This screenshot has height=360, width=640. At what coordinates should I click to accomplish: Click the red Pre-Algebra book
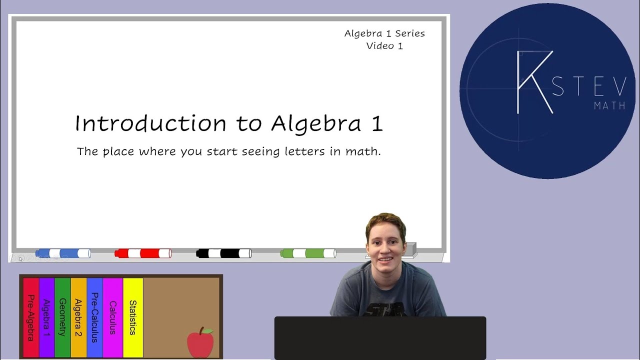click(x=30, y=317)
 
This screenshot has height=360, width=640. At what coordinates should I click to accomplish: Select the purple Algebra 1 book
click(x=46, y=317)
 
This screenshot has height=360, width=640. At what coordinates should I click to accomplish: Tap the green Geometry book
click(x=62, y=317)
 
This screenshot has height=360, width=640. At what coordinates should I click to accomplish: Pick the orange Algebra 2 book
click(x=78, y=317)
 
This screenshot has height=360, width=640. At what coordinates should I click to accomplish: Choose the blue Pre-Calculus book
click(x=94, y=317)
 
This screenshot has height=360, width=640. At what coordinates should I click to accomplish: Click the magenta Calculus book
click(x=112, y=317)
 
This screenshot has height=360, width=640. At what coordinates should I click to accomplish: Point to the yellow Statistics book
click(x=133, y=317)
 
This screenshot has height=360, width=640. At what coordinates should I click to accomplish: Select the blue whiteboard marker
click(x=63, y=253)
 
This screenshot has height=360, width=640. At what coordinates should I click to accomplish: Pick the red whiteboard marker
click(x=143, y=253)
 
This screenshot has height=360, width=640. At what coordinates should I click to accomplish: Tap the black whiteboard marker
click(x=223, y=253)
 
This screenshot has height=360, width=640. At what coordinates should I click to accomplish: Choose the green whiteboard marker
click(x=308, y=253)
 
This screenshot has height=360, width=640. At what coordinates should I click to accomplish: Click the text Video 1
click(x=384, y=46)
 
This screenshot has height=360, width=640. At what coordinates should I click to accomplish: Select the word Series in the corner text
click(x=409, y=33)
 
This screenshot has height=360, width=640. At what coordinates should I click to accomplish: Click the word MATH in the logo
click(x=609, y=106)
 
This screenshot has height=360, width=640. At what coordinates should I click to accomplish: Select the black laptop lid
click(x=380, y=337)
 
